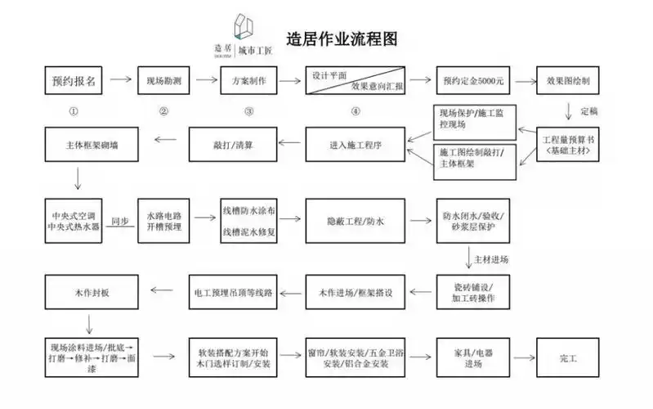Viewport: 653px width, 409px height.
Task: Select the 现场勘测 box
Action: point(168,82)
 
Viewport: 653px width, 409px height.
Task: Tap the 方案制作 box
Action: point(248,82)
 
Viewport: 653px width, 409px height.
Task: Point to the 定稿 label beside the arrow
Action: point(589,110)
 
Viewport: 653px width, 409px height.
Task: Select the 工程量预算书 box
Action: point(566,146)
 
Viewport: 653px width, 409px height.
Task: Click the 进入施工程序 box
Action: point(356,144)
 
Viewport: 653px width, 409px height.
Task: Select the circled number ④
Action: point(356,111)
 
